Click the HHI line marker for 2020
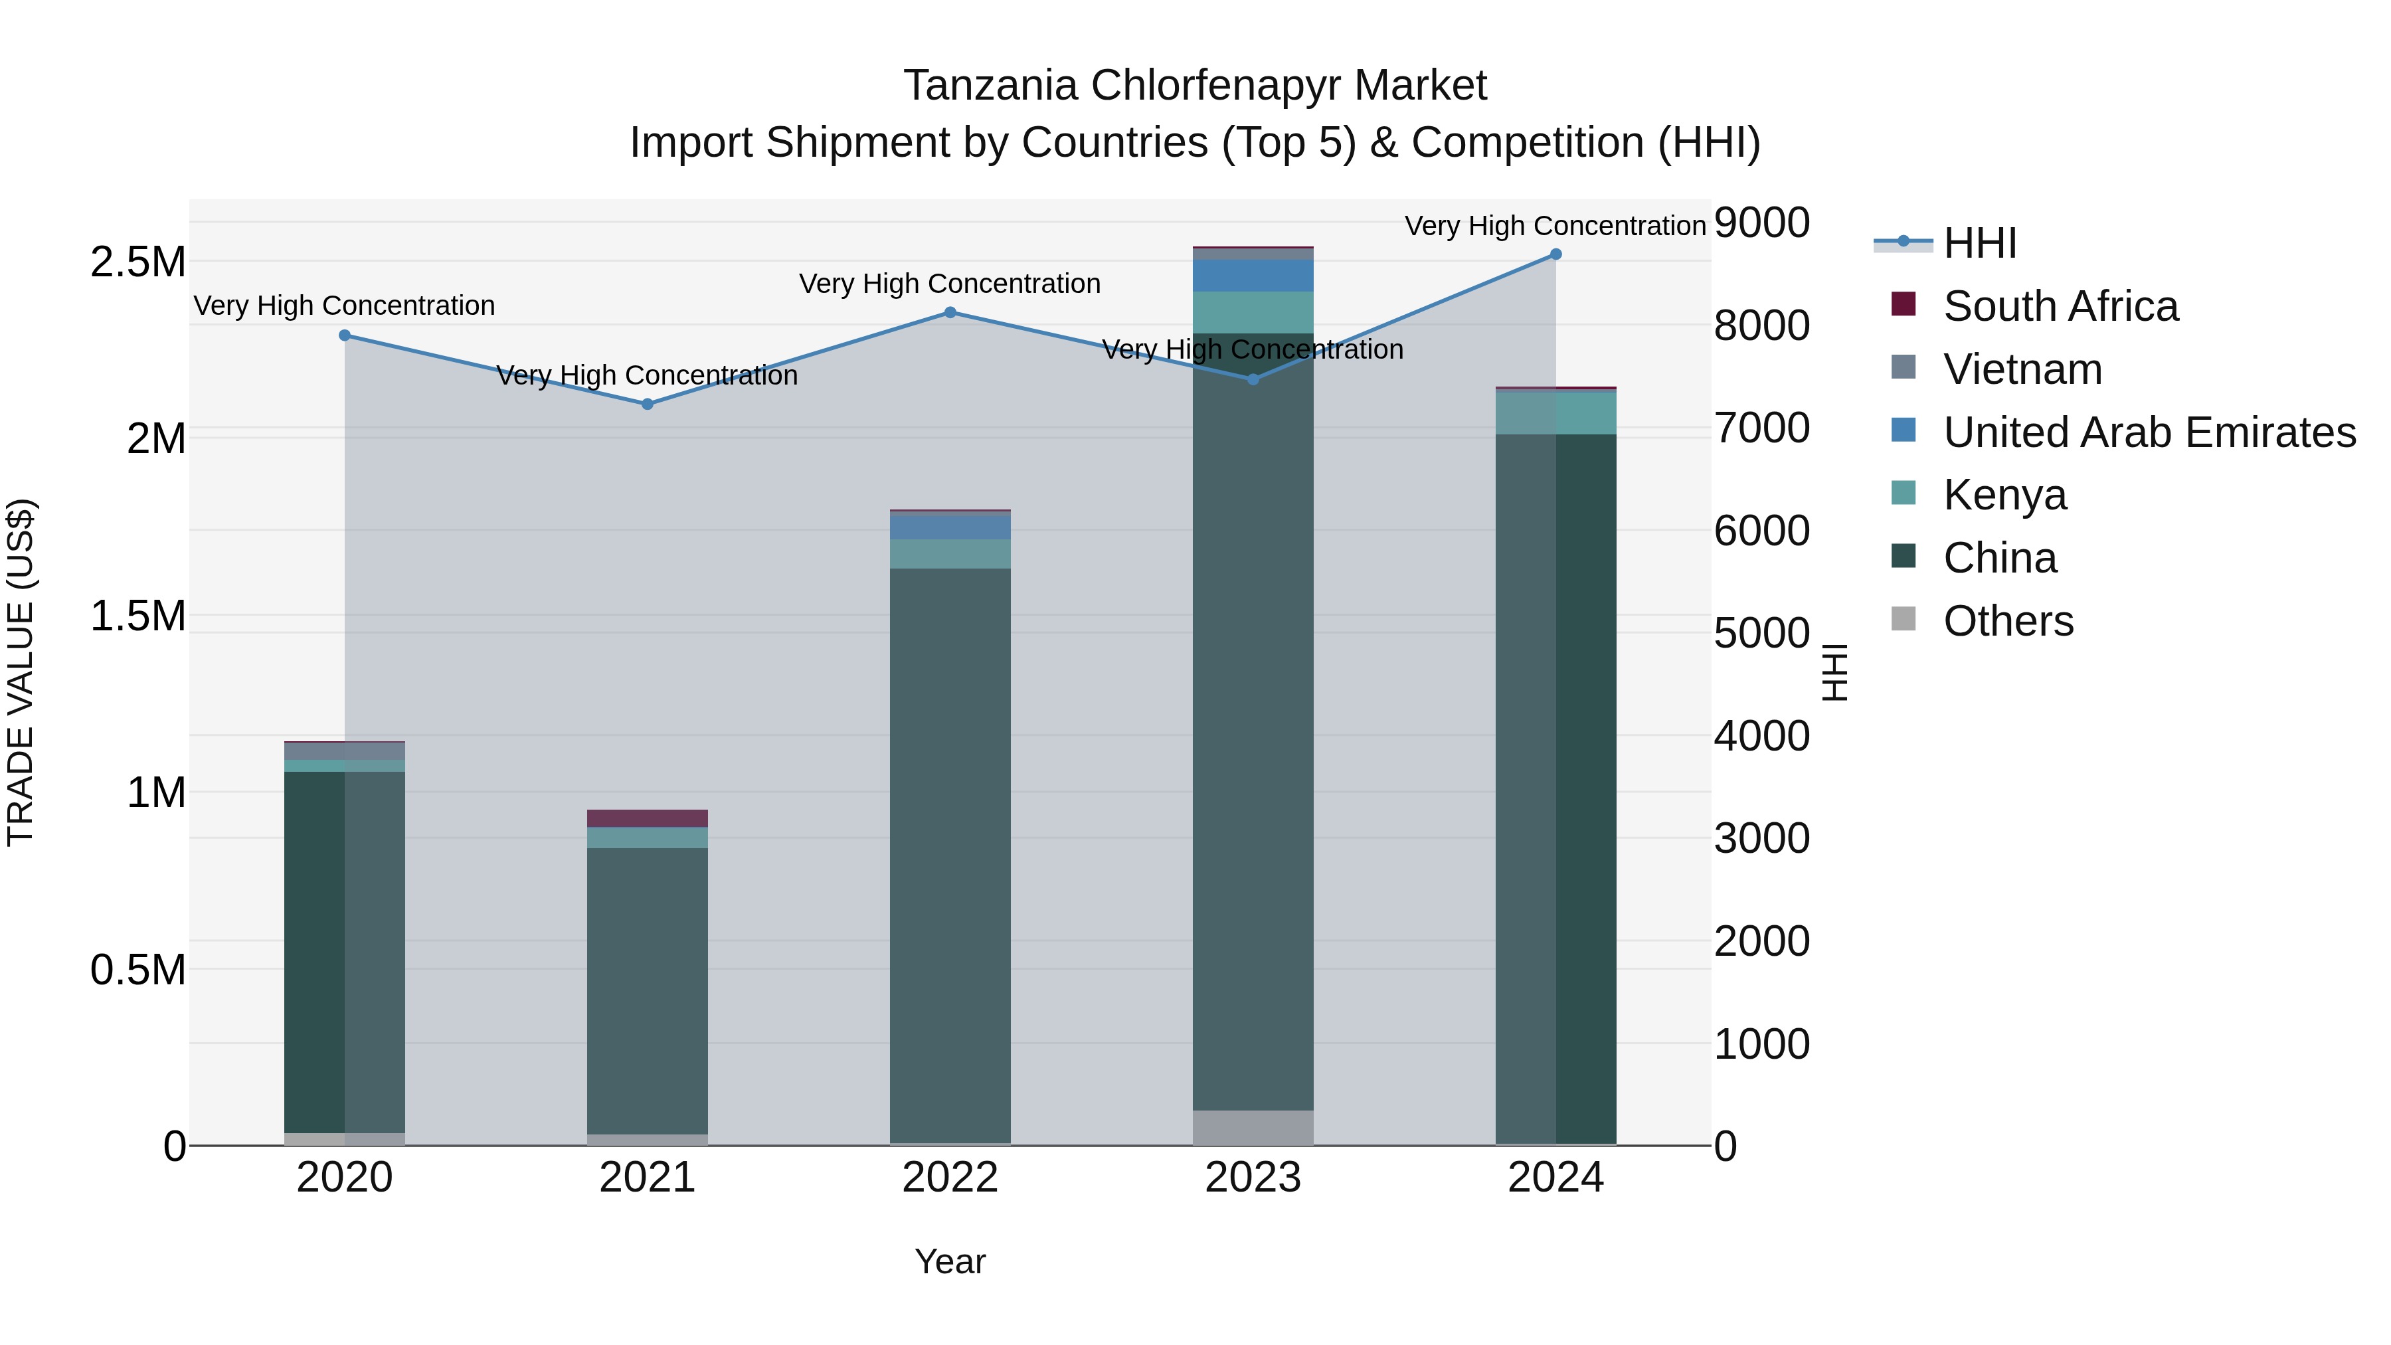pyautogui.click(x=344, y=335)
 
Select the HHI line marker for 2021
pyautogui.click(x=648, y=404)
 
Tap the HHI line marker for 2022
pyautogui.click(x=950, y=313)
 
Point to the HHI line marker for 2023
pyautogui.click(x=1253, y=379)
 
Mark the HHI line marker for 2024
pyautogui.click(x=1555, y=254)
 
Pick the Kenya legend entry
pyautogui.click(x=2005, y=495)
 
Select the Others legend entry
pyautogui.click(x=2008, y=621)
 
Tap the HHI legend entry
pyautogui.click(x=1979, y=243)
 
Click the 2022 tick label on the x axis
pyautogui.click(x=950, y=1178)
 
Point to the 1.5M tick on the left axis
pyautogui.click(x=138, y=616)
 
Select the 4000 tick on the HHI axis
pyautogui.click(x=1761, y=735)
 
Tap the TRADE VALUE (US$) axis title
pyautogui.click(x=21, y=672)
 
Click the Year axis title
pyautogui.click(x=950, y=1261)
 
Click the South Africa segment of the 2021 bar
pyautogui.click(x=647, y=818)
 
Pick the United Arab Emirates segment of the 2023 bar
pyautogui.click(x=1253, y=276)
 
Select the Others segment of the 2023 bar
pyautogui.click(x=1253, y=1127)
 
